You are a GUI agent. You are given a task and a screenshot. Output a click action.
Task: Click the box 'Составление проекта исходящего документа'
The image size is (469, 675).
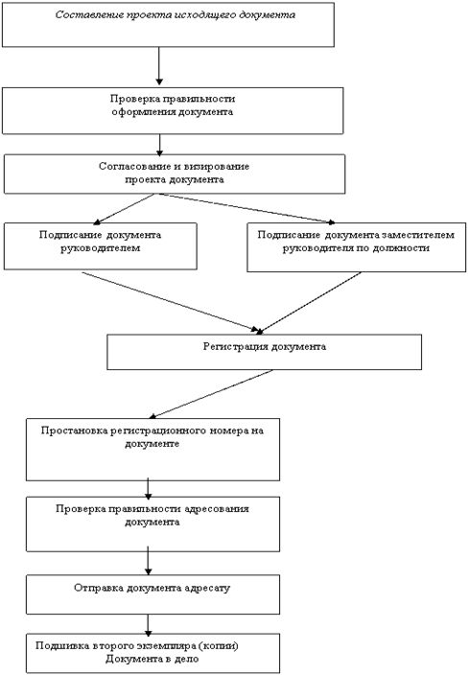[168, 25]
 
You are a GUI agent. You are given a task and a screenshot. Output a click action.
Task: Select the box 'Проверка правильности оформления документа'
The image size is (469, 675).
[173, 110]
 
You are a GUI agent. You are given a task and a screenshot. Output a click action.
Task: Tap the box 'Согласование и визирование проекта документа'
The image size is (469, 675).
[175, 174]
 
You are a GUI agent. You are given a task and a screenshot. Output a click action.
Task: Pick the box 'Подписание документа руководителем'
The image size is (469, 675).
[101, 246]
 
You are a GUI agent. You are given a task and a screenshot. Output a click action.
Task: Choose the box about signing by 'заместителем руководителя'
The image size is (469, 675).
[356, 247]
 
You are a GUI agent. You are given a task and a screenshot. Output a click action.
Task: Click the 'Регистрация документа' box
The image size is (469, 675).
[264, 352]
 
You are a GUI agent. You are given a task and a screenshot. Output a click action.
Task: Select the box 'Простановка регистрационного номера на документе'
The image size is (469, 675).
[152, 450]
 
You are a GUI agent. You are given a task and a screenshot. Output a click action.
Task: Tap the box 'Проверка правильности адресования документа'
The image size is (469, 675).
[152, 524]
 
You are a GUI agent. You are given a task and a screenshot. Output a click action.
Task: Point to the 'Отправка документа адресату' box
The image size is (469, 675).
[152, 594]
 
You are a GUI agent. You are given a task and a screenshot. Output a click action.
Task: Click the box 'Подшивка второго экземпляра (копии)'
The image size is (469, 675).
[152, 653]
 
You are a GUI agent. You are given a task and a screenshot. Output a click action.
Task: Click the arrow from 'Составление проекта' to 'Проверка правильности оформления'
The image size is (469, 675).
[159, 66]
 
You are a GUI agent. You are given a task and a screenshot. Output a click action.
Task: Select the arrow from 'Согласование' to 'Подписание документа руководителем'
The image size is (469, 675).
[124, 209]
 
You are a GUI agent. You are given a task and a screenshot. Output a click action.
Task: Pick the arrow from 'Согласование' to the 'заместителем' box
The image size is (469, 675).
[246, 208]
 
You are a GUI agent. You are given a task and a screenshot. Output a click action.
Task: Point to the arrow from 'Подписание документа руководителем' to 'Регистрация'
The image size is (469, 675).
[170, 301]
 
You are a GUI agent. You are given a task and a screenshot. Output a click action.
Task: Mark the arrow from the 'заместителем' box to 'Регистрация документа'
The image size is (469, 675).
[309, 303]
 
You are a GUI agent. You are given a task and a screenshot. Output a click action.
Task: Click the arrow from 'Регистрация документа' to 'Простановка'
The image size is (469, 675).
[211, 394]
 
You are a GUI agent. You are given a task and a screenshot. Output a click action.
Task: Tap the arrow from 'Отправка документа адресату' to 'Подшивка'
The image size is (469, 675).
[148, 625]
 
